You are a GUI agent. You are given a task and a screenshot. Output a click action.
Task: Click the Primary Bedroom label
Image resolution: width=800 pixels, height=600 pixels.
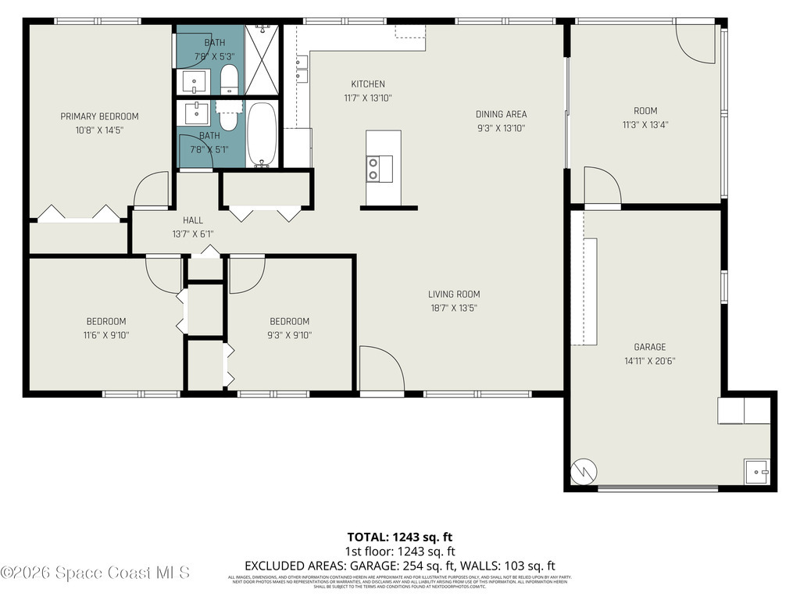click(99, 116)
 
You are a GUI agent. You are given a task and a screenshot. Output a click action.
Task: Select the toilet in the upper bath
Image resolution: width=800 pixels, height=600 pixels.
click(229, 79)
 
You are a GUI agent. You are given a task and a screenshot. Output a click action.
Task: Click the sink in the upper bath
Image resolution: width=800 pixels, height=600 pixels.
click(195, 80)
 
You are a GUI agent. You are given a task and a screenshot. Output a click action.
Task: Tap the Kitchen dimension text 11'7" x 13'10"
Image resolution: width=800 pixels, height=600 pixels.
click(367, 98)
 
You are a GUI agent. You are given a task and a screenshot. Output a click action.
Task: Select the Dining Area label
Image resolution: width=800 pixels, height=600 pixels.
click(501, 114)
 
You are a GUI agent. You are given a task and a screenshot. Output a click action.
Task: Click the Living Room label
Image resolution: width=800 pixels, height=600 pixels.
click(454, 295)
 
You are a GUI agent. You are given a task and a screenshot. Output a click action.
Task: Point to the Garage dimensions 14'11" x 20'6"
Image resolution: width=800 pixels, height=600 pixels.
click(649, 361)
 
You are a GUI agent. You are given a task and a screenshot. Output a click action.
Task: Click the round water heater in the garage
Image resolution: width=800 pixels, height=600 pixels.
click(584, 470)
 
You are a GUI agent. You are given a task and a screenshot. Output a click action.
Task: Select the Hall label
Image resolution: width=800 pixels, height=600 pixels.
click(192, 220)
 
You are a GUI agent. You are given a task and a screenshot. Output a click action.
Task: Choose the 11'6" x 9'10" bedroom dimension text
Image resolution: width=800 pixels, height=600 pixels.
click(105, 335)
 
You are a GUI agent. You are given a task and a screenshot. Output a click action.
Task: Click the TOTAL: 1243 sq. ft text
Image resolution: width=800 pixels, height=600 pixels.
click(399, 537)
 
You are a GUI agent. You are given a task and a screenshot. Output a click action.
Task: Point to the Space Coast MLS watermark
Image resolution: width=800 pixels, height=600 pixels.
click(95, 573)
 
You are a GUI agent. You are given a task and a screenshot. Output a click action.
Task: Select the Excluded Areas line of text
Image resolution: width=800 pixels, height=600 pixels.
click(399, 566)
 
